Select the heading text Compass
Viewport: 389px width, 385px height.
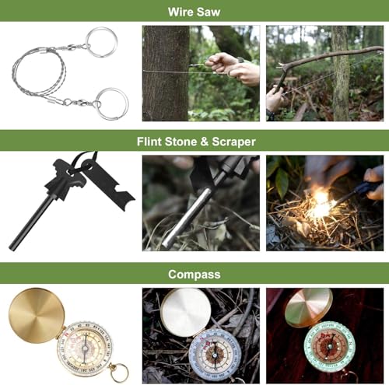[x=194, y=274]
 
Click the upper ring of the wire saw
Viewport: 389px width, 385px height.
[x=102, y=40]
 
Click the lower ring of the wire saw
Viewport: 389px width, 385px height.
[x=111, y=103]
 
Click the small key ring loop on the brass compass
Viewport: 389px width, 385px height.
[x=117, y=373]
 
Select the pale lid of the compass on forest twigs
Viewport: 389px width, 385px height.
[x=184, y=312]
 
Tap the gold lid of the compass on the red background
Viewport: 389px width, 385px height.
[x=307, y=306]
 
